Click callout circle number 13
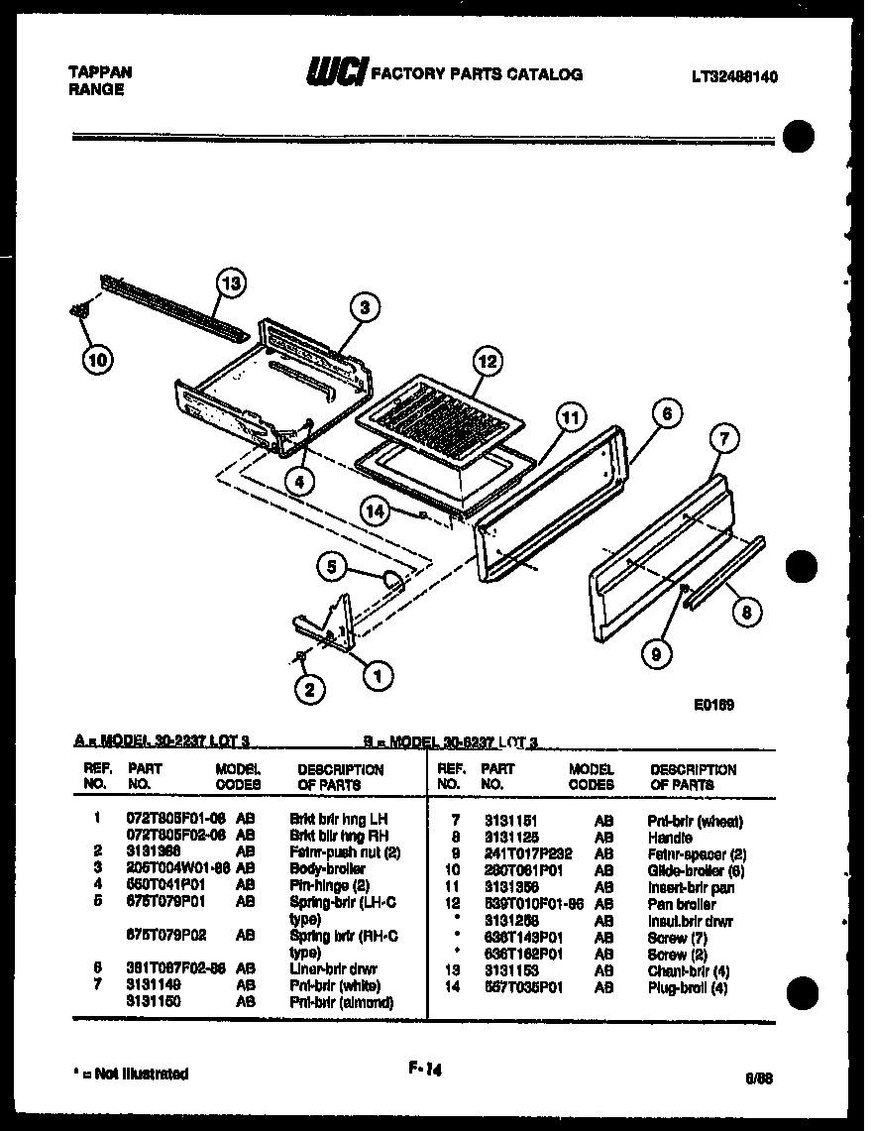pos(231,285)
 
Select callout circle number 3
pos(365,308)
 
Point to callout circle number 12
pos(487,362)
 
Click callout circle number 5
pos(333,567)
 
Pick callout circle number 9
pos(656,652)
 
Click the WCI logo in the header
pos(337,73)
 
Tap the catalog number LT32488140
pos(734,75)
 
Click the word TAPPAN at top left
pos(99,72)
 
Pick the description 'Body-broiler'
pos(327,868)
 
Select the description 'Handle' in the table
pos(670,838)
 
